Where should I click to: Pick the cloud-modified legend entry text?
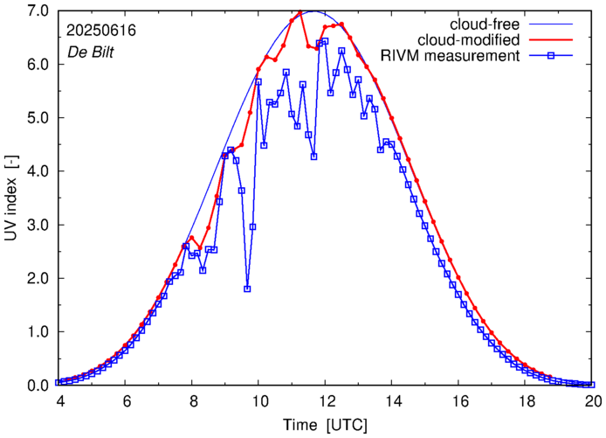point(470,40)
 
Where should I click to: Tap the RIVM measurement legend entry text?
point(451,57)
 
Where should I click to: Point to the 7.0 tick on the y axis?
point(36,11)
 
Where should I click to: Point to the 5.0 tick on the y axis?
point(36,118)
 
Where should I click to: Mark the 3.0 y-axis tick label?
point(36,225)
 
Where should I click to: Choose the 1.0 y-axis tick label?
point(36,332)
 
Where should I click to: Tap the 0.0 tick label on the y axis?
point(36,386)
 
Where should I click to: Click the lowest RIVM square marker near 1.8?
point(247,289)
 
